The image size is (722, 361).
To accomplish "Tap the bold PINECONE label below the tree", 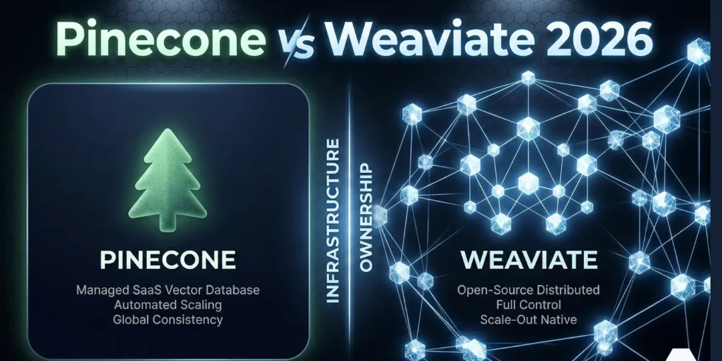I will coord(168,260).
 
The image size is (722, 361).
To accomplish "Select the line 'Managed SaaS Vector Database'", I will coord(168,291).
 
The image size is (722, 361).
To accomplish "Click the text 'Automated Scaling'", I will coord(168,305).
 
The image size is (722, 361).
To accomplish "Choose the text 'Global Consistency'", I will coord(168,320).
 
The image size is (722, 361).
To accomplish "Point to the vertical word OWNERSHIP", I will coord(365,218).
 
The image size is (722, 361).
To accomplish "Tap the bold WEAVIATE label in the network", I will coord(528,260).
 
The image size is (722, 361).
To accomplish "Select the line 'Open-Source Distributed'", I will coord(528,291).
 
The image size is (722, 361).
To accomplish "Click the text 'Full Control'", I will coord(528,305).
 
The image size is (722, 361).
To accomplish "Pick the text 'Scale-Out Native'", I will coord(528,320).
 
